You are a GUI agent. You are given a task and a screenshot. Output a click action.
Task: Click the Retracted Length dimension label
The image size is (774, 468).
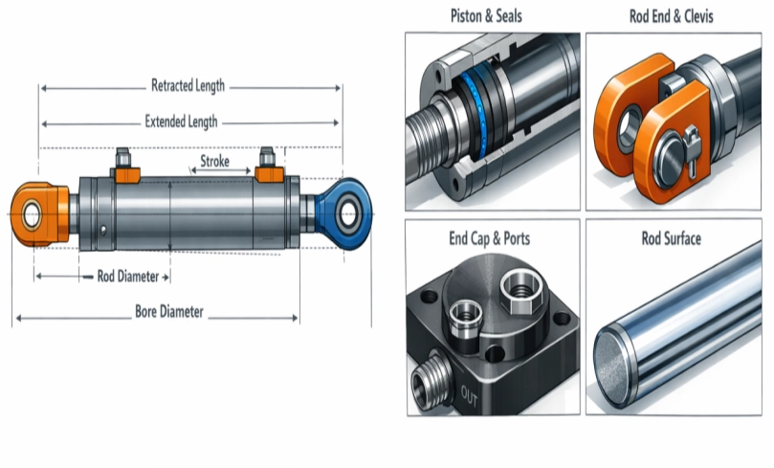(188, 86)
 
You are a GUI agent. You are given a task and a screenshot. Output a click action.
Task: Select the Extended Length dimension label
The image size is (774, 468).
(181, 122)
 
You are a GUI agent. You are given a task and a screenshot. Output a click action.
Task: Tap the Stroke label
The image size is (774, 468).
(214, 162)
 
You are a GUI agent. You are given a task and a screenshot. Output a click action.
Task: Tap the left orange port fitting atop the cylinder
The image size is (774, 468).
(125, 170)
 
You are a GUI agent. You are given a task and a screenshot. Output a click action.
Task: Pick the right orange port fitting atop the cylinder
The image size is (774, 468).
(268, 169)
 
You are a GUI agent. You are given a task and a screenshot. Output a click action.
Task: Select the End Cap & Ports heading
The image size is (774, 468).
(489, 236)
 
